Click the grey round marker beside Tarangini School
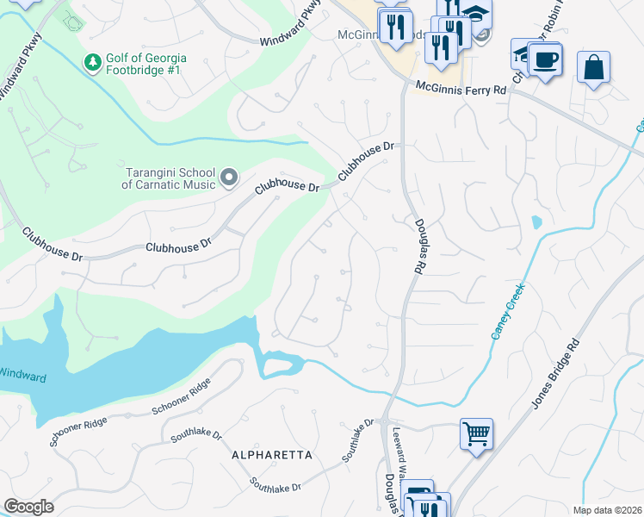pyautogui.click(x=229, y=178)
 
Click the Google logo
pyautogui.click(x=28, y=507)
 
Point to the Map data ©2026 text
pyautogui.click(x=608, y=510)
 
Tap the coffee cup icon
pyautogui.click(x=544, y=60)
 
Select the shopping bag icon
pyautogui.click(x=593, y=67)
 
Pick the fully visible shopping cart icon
pyautogui.click(x=476, y=433)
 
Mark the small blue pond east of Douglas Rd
pyautogui.click(x=537, y=222)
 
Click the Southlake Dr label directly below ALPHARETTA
pyautogui.click(x=276, y=485)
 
